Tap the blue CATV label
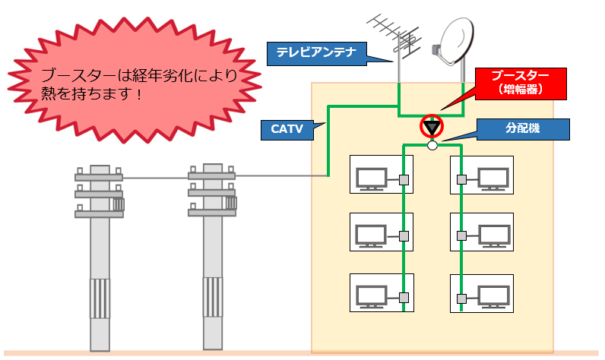[x=287, y=129]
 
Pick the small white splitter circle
[x=432, y=144]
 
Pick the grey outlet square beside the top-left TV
[x=404, y=180]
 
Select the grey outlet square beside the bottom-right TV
[x=461, y=297]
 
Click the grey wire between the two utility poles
[x=155, y=178]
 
